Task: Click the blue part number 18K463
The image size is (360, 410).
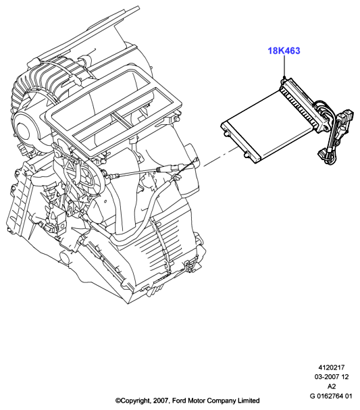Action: (284, 51)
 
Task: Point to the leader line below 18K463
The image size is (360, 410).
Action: (284, 66)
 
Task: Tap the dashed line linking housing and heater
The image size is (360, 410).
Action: (221, 157)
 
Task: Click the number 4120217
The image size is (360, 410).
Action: (331, 367)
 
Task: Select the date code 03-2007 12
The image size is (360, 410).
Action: (331, 377)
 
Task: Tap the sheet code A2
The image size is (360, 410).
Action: (331, 386)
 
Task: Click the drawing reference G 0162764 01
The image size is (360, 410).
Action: (331, 396)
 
